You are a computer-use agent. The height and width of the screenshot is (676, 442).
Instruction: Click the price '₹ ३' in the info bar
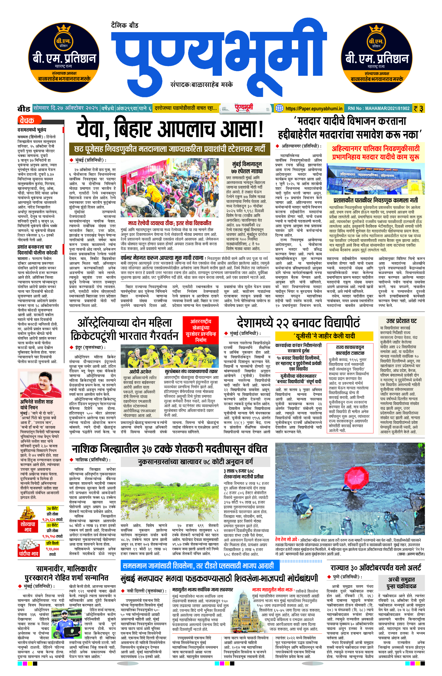pyautogui.click(x=419, y=108)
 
